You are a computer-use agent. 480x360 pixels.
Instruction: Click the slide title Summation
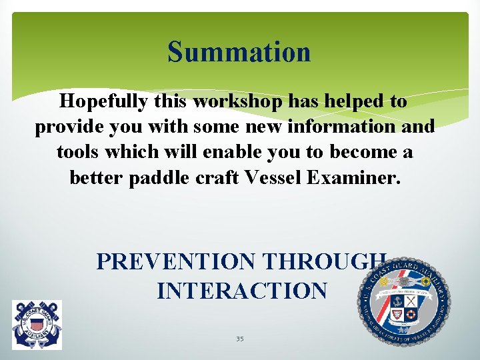click(x=239, y=52)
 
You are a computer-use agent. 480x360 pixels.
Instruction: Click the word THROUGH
click(x=325, y=261)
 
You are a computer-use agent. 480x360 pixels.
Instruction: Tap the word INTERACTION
click(x=242, y=291)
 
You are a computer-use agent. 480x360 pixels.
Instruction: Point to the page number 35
click(x=239, y=339)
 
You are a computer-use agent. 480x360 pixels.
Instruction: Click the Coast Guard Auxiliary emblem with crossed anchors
click(x=37, y=325)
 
